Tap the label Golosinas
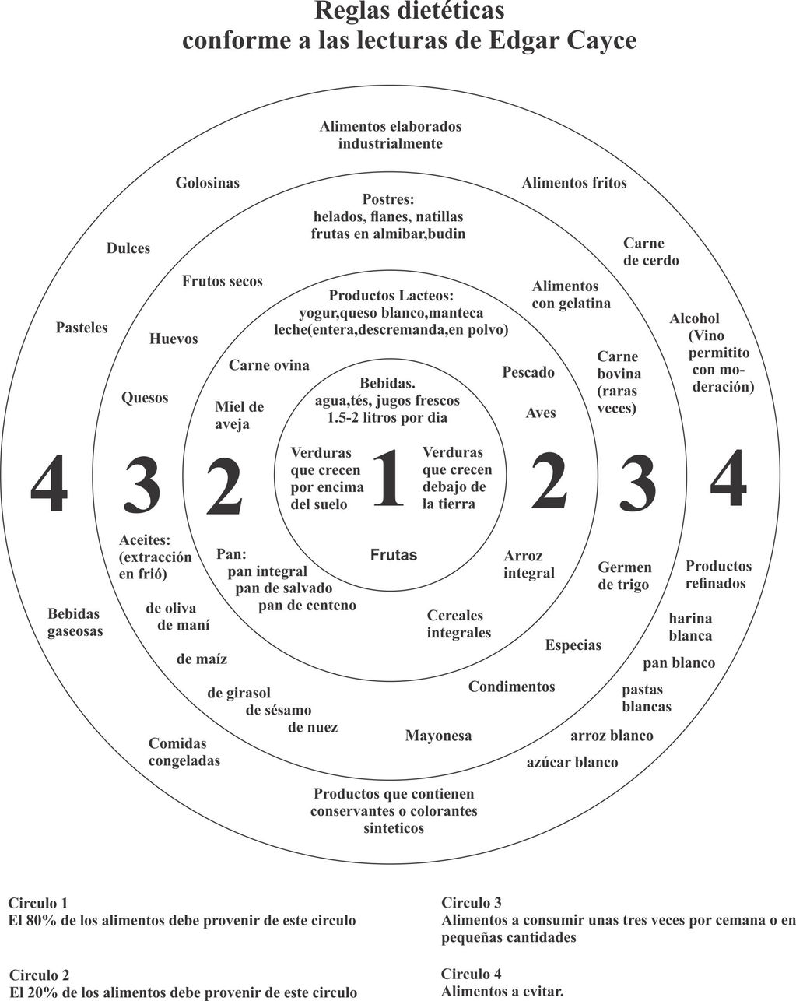[x=207, y=184]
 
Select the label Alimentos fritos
[x=573, y=184]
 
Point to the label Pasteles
[x=82, y=328]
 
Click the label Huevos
[x=174, y=339]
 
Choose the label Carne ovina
[x=268, y=365]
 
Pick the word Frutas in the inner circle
[x=394, y=555]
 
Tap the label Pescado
[x=528, y=372]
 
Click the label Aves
[x=541, y=413]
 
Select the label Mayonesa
[x=438, y=736]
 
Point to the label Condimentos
[x=511, y=687]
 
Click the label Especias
[x=573, y=645]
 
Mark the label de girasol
[x=239, y=693]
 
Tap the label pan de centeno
[x=307, y=605]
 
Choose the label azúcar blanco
[x=572, y=762]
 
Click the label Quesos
[x=145, y=399]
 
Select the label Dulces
[x=128, y=249]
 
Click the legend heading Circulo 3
[x=471, y=903]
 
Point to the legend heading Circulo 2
[x=40, y=975]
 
